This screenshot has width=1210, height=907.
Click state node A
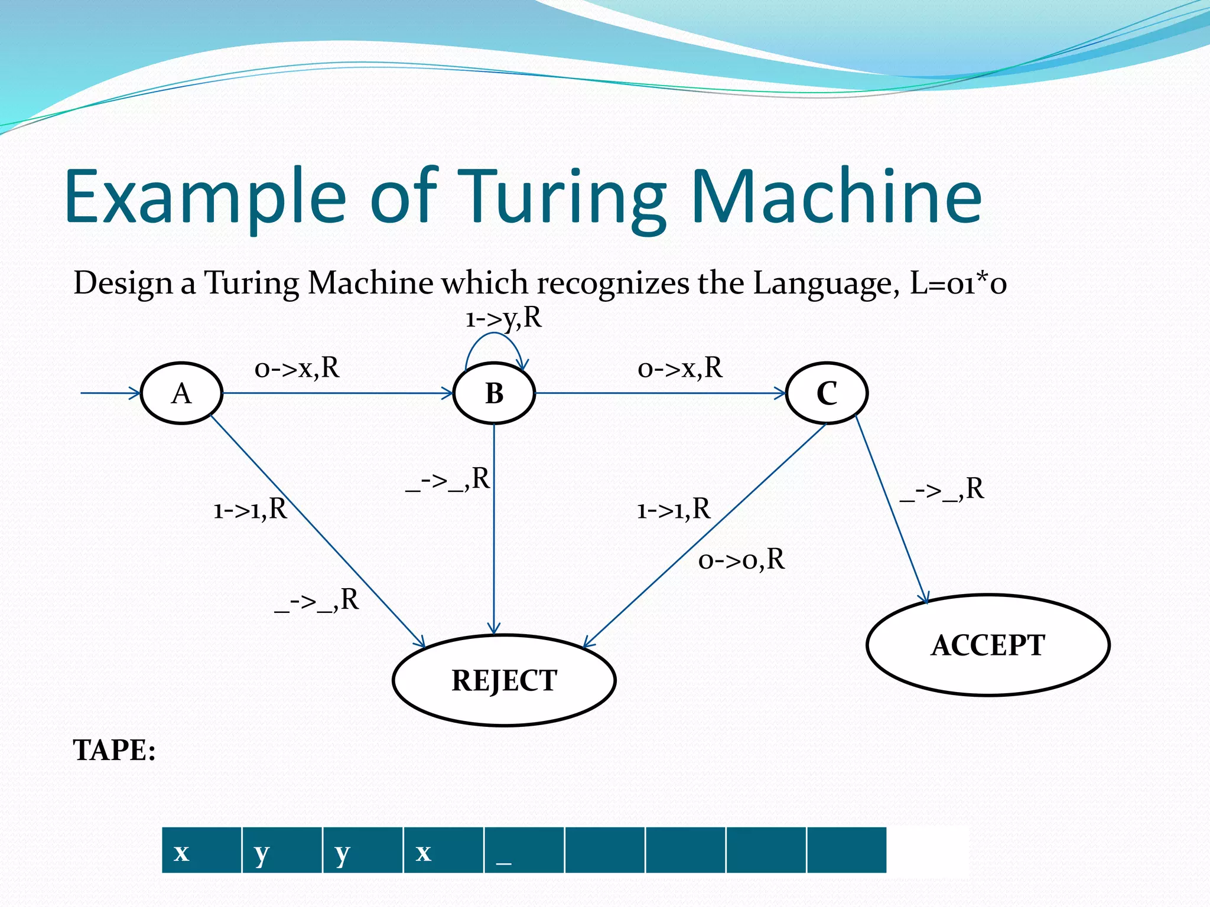(181, 393)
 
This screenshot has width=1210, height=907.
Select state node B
(494, 393)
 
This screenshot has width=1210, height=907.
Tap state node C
(827, 393)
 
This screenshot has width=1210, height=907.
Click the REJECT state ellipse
(504, 680)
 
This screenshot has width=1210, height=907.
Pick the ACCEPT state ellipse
(988, 645)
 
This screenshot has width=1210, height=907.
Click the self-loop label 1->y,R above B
(503, 319)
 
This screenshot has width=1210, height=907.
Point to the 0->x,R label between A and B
(297, 368)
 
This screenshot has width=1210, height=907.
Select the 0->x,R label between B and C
(680, 368)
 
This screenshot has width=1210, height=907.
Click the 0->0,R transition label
(741, 559)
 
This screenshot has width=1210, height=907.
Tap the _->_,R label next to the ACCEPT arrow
(942, 490)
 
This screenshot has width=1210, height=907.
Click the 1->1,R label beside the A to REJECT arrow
(250, 509)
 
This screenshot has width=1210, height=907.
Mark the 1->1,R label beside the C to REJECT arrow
(674, 509)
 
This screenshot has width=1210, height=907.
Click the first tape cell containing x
(201, 850)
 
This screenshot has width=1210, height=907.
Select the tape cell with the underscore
(524, 850)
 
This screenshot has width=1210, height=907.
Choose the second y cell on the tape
(363, 850)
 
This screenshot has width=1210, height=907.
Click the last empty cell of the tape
(846, 850)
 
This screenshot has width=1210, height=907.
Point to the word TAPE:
(114, 751)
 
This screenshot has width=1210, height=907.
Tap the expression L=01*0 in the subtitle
(958, 283)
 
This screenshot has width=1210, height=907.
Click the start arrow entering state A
(110, 393)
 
